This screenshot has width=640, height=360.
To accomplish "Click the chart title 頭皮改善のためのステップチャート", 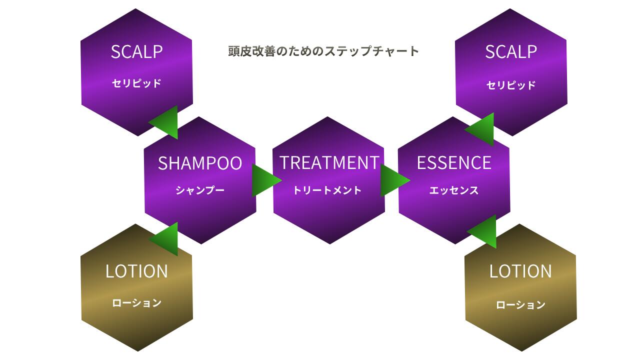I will pos(323,51).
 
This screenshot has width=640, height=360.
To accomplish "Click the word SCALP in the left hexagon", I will pos(136,52).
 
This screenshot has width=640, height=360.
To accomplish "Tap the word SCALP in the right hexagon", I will pos(511,52).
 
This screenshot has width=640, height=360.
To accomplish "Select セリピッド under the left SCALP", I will pos(136,83).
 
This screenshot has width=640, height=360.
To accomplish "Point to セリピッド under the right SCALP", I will pos(511,85).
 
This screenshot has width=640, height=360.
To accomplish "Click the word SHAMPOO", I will pos(200,163).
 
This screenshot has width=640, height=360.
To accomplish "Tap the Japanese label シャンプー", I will pos(200,190).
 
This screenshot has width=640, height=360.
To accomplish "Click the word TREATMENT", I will pos(329,162).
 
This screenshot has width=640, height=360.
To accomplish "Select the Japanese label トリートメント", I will pos(327,190).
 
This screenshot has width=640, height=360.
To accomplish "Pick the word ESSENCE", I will pos(454,162).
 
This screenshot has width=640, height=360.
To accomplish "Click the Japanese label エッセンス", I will pos(454,190).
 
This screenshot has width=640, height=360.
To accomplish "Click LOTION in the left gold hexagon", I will pos(136,271).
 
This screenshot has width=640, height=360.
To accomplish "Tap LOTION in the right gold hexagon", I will pos(520,271).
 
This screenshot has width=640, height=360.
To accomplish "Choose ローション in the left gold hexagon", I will pos(136,303).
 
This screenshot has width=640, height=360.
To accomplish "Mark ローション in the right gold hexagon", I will pos(520,305).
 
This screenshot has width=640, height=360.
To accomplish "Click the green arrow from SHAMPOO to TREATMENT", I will pos(265,180).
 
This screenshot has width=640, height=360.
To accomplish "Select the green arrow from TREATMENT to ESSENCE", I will pos(393,180).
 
